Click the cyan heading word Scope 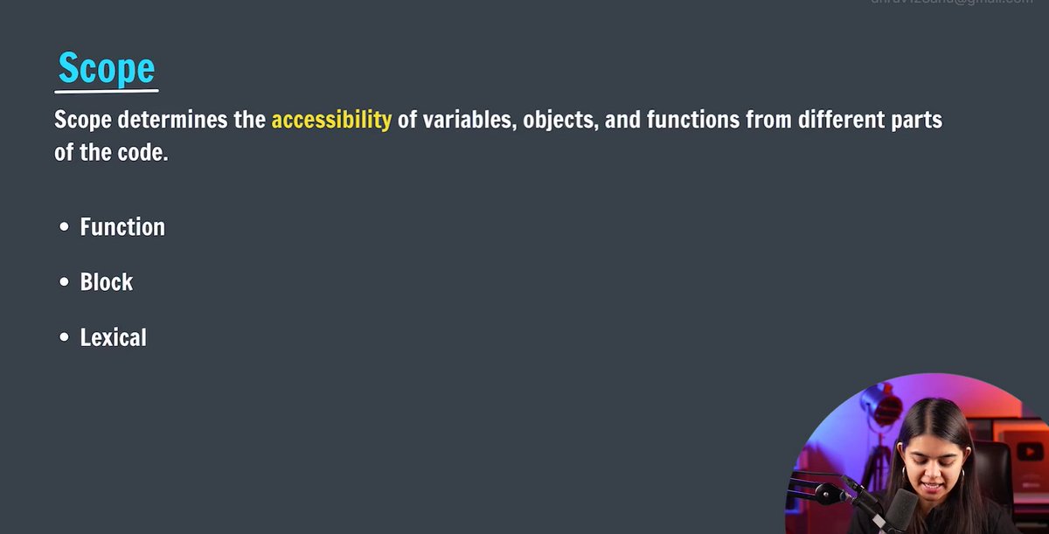pyautogui.click(x=106, y=68)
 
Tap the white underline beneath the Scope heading pyautogui.click(x=106, y=90)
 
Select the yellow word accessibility pyautogui.click(x=331, y=120)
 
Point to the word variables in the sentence pyautogui.click(x=469, y=120)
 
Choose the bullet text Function pyautogui.click(x=122, y=227)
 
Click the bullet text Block pyautogui.click(x=107, y=282)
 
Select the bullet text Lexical pyautogui.click(x=114, y=337)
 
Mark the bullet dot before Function pyautogui.click(x=64, y=228)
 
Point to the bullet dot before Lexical pyautogui.click(x=64, y=338)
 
